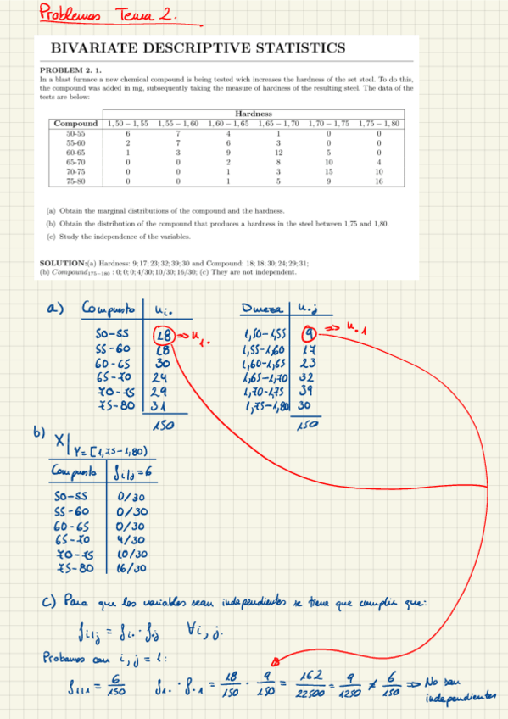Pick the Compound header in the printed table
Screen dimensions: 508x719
pyautogui.click(x=75, y=124)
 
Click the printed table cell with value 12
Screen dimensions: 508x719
pyautogui.click(x=277, y=152)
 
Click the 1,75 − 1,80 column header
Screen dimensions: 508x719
pyautogui.click(x=378, y=124)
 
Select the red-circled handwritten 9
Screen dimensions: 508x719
pyautogui.click(x=310, y=332)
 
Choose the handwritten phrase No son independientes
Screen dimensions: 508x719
pyautogui.click(x=462, y=688)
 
